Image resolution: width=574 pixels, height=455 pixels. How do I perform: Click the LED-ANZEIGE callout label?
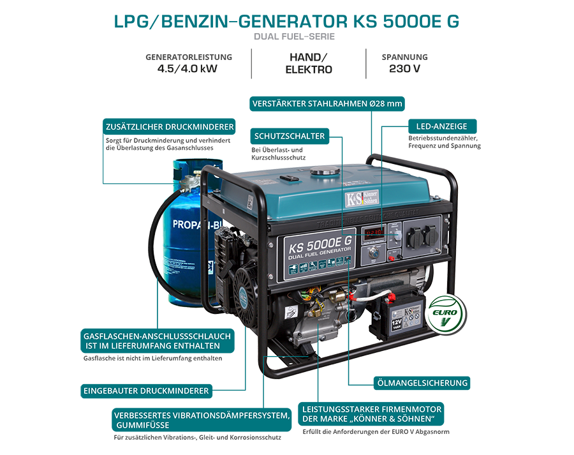coord(441,126)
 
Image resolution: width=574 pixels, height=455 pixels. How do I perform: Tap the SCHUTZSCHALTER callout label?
coord(290,136)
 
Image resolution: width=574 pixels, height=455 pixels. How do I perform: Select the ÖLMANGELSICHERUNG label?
coord(421,383)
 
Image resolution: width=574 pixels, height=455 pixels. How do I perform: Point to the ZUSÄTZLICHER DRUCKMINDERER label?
coord(169,126)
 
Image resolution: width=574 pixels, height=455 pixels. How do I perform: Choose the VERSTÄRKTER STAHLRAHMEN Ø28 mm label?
coord(328,103)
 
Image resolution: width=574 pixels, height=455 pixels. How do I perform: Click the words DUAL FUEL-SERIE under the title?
coord(293,36)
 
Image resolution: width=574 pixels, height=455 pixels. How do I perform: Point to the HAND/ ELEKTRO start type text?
coord(309,63)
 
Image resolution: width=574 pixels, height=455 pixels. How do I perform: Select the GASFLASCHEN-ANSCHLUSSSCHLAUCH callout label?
coord(158,340)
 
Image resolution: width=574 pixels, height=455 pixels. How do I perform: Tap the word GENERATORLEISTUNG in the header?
coord(189,57)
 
